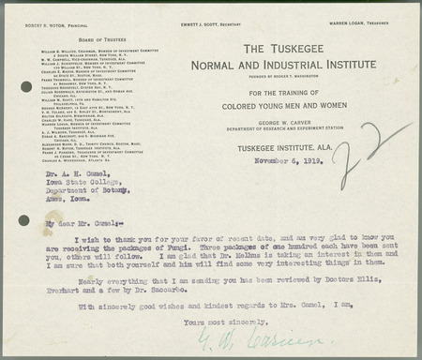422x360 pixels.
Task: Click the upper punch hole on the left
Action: pos(25,86)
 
